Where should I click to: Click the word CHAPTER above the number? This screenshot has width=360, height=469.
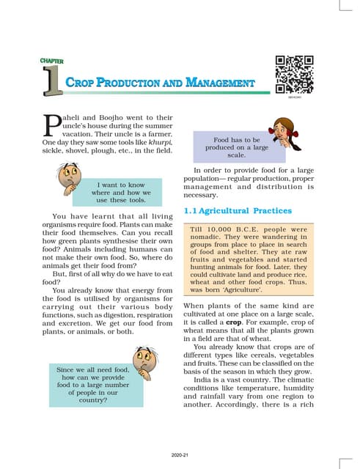point(53,61)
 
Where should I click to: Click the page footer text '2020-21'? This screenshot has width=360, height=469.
point(180,454)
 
